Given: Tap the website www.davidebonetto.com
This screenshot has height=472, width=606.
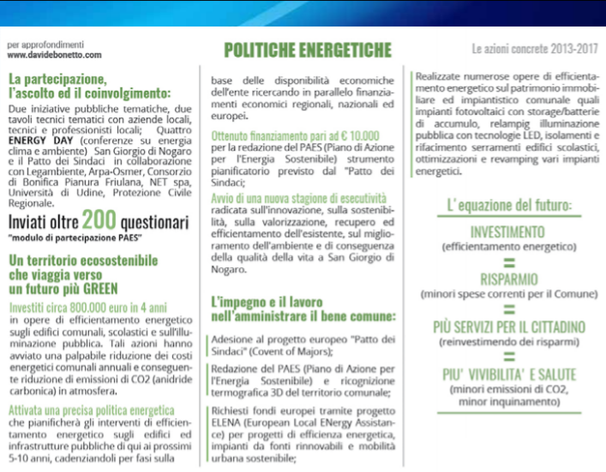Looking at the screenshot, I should (x=54, y=55).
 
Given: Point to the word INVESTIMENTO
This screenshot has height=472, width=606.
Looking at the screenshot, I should (x=507, y=232).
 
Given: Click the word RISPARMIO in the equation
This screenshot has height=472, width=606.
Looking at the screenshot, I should (x=508, y=279).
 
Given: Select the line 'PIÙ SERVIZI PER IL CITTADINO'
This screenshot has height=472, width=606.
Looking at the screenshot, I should (x=508, y=327).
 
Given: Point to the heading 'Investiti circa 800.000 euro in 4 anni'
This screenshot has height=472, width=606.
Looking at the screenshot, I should (x=88, y=307).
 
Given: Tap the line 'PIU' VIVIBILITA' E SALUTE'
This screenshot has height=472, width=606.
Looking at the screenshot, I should (x=508, y=374).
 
